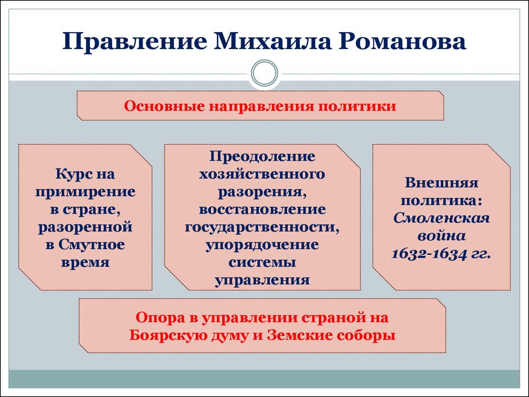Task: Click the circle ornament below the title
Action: (x=264, y=73)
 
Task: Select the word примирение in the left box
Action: (x=85, y=192)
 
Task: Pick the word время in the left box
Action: (x=85, y=262)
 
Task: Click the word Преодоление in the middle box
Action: (x=262, y=156)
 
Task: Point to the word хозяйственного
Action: (x=262, y=174)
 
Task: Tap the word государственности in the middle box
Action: (x=262, y=226)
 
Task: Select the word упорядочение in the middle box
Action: (x=262, y=244)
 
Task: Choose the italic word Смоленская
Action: (x=442, y=218)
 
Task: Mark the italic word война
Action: (x=442, y=236)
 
